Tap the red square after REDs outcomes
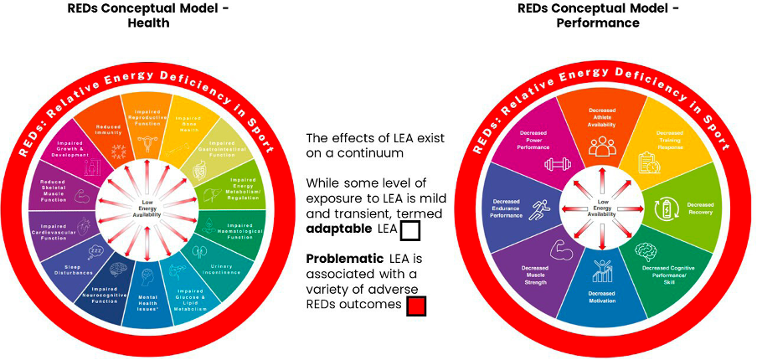(x=416, y=306)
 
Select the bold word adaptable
(x=337, y=229)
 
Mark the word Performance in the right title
(x=598, y=23)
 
